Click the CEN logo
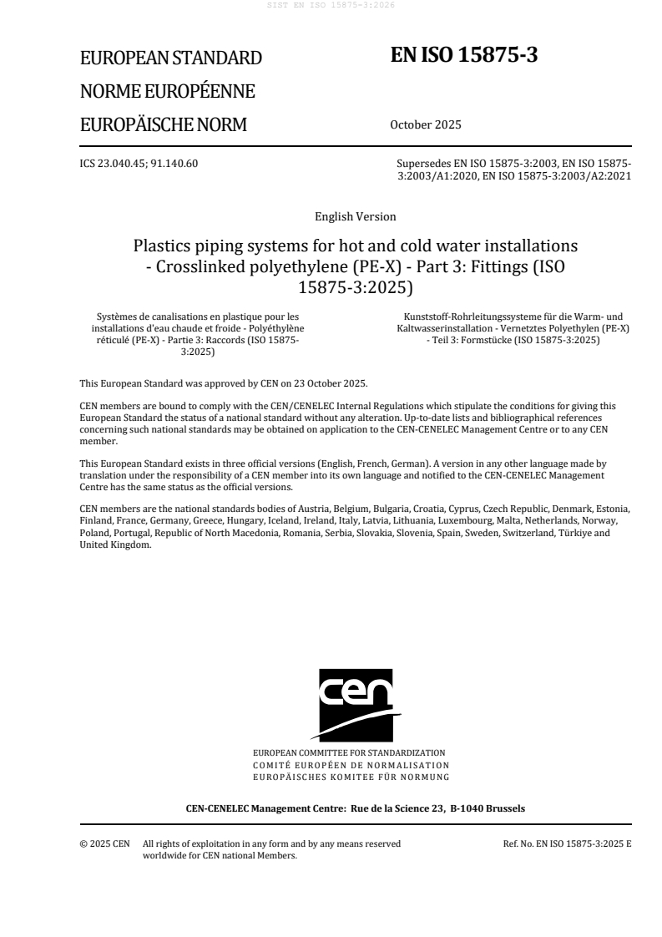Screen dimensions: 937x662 pyautogui.click(x=355, y=704)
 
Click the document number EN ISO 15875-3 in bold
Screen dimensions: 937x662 pyautogui.click(x=464, y=55)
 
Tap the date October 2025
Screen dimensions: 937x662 pyautogui.click(x=425, y=125)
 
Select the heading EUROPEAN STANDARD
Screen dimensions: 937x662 pyautogui.click(x=170, y=58)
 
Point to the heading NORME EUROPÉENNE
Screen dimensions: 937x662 pyautogui.click(x=167, y=92)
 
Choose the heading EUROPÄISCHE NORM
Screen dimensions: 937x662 pyautogui.click(x=163, y=125)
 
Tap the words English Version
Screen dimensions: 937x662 pyautogui.click(x=355, y=217)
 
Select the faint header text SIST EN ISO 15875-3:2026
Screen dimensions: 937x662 pyautogui.click(x=331, y=5)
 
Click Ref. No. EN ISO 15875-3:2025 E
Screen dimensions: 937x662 pyautogui.click(x=567, y=843)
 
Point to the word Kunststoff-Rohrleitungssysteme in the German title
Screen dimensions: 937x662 pyautogui.click(x=478, y=317)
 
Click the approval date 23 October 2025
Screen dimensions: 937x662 pyautogui.click(x=329, y=383)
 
